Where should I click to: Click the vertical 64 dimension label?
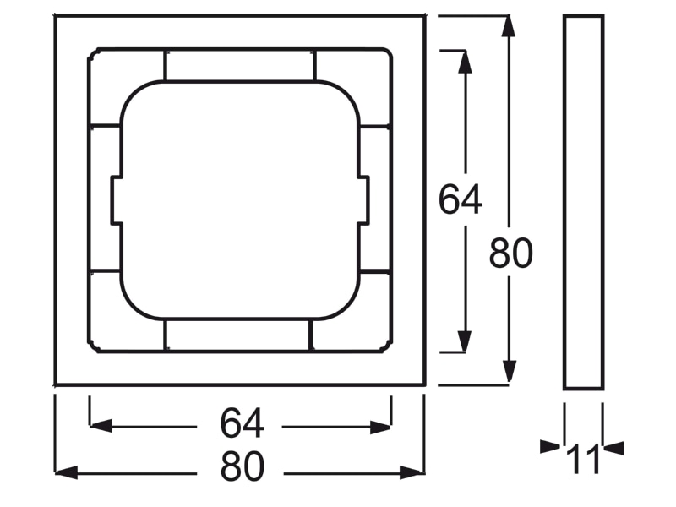[x=460, y=199]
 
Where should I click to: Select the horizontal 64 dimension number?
[x=242, y=423]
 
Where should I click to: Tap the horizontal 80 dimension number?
[x=242, y=466]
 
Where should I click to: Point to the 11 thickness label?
[x=583, y=460]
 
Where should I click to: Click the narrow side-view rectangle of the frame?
[x=583, y=203]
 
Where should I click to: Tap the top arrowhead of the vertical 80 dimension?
[x=510, y=27]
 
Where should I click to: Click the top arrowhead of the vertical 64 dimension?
[x=464, y=62]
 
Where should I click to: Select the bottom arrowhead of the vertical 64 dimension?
[x=464, y=341]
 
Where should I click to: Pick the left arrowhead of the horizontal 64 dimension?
[x=101, y=426]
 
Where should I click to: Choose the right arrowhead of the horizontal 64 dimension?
[x=380, y=428]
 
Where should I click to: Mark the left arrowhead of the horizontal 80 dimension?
[x=67, y=472]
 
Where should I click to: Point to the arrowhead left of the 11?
[x=551, y=447]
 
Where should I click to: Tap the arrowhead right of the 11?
[x=613, y=449]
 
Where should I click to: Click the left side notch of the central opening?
[x=117, y=200]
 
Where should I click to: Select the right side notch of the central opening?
[x=363, y=200]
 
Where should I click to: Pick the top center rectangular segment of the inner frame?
[x=240, y=65]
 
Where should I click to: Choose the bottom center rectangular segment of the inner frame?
[x=238, y=335]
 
